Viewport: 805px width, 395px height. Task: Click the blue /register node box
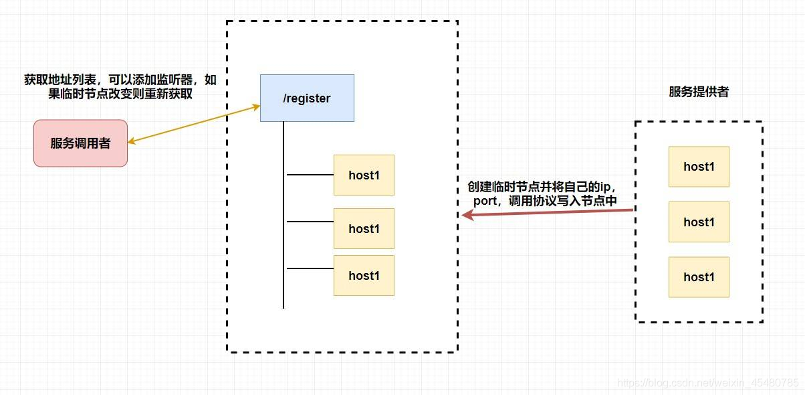point(307,98)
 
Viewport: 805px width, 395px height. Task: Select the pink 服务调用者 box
point(80,143)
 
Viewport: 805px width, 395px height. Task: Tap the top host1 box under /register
point(364,175)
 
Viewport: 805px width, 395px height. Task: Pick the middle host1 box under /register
point(364,228)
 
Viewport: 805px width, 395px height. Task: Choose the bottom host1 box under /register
point(364,275)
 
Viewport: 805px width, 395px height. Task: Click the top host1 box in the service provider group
point(699,167)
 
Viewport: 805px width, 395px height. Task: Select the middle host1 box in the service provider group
point(699,222)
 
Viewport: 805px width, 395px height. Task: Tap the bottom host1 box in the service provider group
point(699,276)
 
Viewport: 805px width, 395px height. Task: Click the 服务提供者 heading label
point(699,92)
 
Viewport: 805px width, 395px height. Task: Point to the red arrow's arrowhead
point(467,216)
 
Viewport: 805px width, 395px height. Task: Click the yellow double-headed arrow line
point(194,124)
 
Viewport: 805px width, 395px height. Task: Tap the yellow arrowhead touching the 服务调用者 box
point(131,141)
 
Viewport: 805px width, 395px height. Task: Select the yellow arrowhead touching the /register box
point(255,106)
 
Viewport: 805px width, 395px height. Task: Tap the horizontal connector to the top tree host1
point(310,175)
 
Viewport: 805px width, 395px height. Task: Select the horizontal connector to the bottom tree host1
point(310,268)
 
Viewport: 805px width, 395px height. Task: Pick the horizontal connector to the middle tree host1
point(310,222)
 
